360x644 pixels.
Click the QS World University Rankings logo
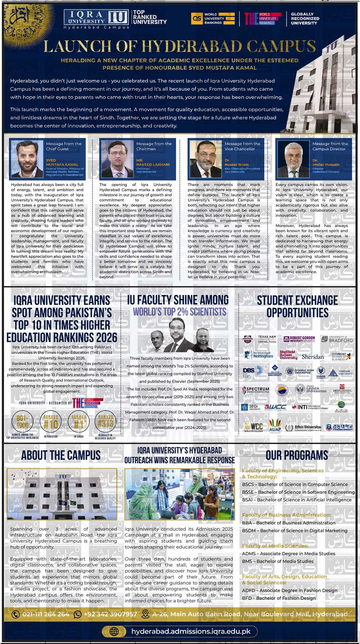[x=213, y=18]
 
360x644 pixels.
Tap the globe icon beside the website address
[x=114, y=631]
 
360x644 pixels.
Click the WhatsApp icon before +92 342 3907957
[x=77, y=614]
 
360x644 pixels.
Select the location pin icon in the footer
[x=145, y=614]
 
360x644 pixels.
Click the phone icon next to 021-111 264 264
[x=15, y=614]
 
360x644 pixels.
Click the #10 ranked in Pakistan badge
[x=51, y=423]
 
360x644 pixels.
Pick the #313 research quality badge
[x=105, y=423]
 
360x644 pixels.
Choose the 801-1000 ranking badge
[x=23, y=423]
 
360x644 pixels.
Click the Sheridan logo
[x=313, y=357]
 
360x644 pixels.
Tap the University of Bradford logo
[x=337, y=339]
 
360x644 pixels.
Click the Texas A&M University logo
[x=260, y=339]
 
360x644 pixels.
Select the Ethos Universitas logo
[x=303, y=427]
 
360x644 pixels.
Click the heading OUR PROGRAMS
[x=297, y=455]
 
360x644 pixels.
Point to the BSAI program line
[x=296, y=500]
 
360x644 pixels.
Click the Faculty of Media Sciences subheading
[x=275, y=545]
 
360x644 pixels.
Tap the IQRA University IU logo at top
[x=96, y=17]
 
